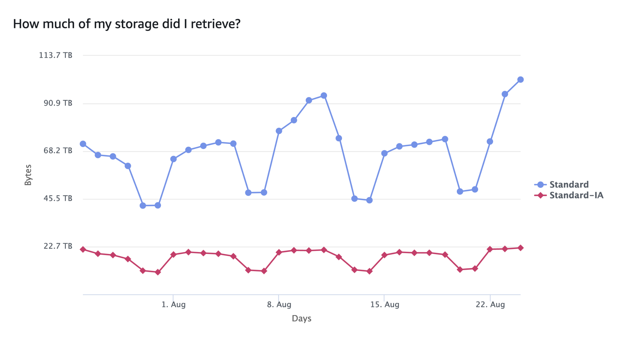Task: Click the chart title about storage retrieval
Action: click(126, 24)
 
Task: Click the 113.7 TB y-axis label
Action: click(56, 55)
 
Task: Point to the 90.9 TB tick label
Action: click(58, 103)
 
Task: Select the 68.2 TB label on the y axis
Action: click(58, 151)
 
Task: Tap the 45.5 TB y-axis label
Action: click(58, 198)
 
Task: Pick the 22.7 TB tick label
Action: click(58, 246)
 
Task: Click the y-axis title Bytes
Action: click(28, 175)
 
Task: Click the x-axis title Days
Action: click(301, 318)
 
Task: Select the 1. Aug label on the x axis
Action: click(173, 305)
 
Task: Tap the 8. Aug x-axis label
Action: click(279, 305)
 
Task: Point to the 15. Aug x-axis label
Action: click(385, 305)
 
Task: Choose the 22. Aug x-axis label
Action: click(490, 305)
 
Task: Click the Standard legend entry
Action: click(569, 184)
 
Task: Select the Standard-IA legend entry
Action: click(576, 195)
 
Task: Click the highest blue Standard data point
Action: click(520, 80)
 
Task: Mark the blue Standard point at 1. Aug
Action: click(173, 159)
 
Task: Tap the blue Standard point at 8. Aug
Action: click(279, 131)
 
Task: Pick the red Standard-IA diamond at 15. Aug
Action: click(384, 255)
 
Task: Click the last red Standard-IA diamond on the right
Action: click(520, 248)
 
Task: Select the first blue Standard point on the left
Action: click(83, 144)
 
